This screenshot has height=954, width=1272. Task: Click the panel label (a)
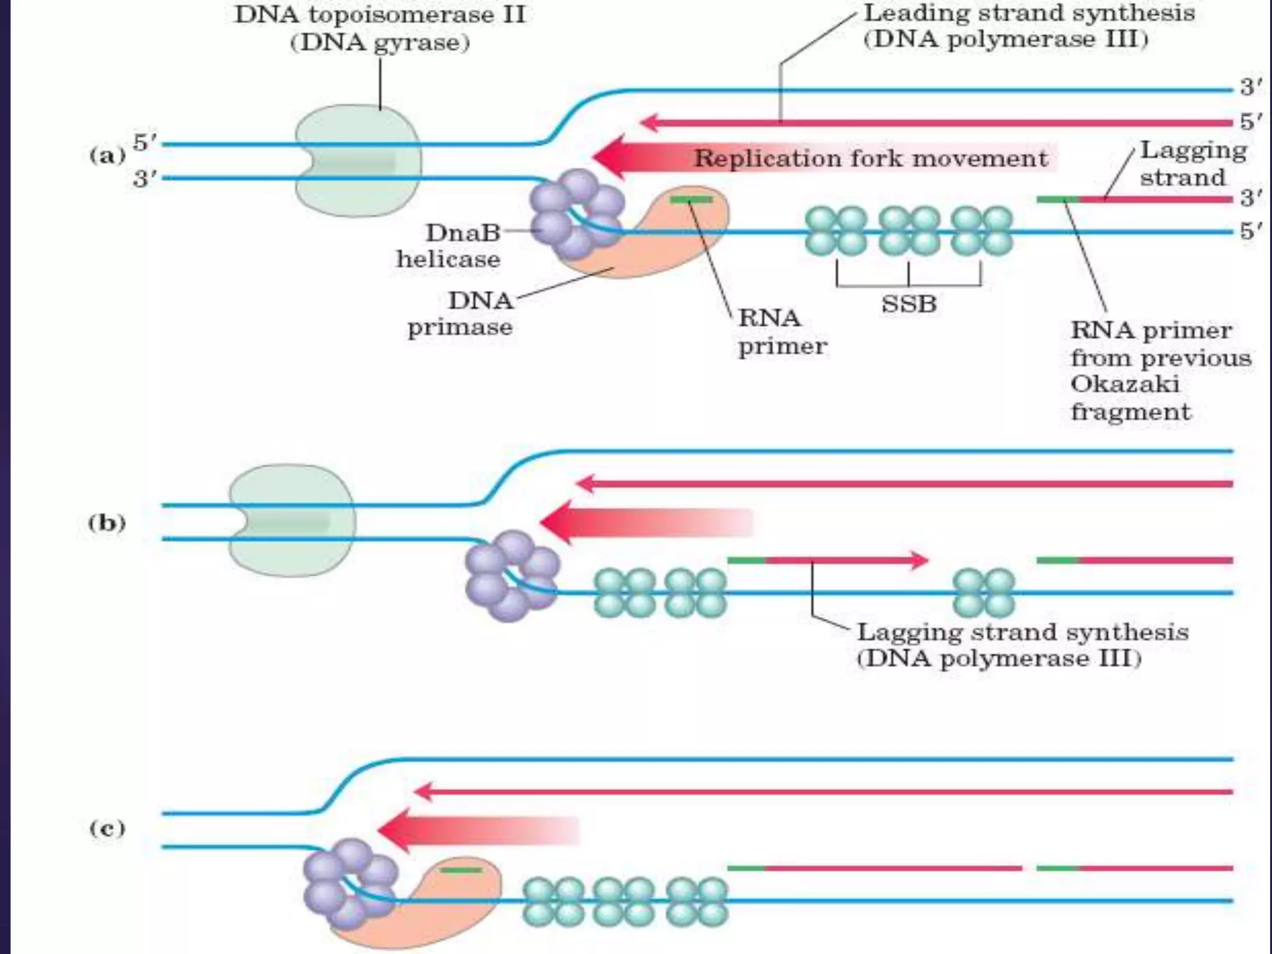tap(107, 155)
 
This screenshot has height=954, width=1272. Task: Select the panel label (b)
tap(107, 523)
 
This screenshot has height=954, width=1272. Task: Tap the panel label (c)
tap(107, 829)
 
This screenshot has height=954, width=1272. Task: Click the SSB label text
tap(909, 304)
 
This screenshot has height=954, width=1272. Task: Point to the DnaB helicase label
tap(448, 246)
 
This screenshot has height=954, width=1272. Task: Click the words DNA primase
tap(460, 314)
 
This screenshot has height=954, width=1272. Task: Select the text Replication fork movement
tap(871, 158)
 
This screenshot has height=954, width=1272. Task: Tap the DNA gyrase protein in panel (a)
tap(358, 161)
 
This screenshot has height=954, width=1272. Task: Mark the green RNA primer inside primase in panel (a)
tap(691, 199)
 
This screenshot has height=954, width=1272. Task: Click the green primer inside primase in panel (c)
tap(461, 870)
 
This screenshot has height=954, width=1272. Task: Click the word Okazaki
tap(1125, 384)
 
